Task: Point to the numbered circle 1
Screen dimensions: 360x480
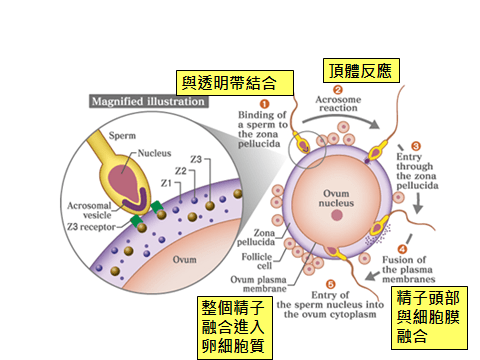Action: coord(265,103)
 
